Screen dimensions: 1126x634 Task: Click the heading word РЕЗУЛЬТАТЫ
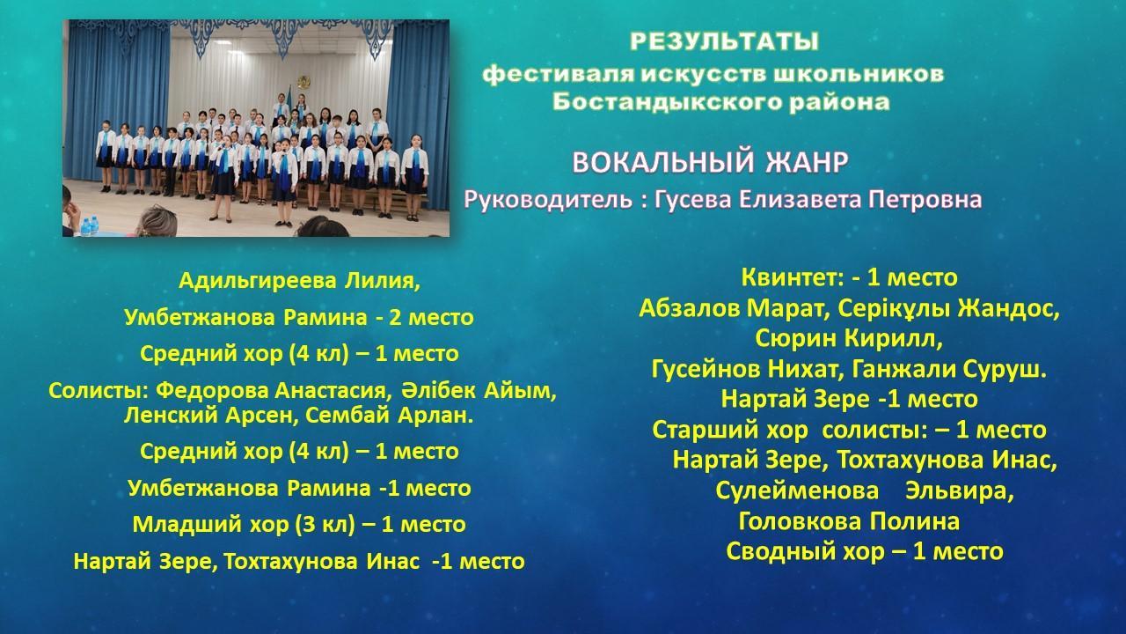[724, 41]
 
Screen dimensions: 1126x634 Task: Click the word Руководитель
[548, 200]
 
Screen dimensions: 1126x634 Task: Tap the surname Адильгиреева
[258, 281]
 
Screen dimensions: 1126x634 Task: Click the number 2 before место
[394, 318]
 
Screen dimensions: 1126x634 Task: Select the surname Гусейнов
[706, 369]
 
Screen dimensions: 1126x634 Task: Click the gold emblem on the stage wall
[303, 81]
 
